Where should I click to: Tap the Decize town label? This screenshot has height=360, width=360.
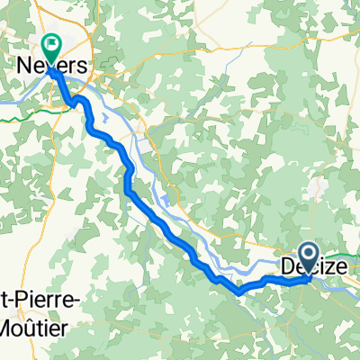click(310, 266)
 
